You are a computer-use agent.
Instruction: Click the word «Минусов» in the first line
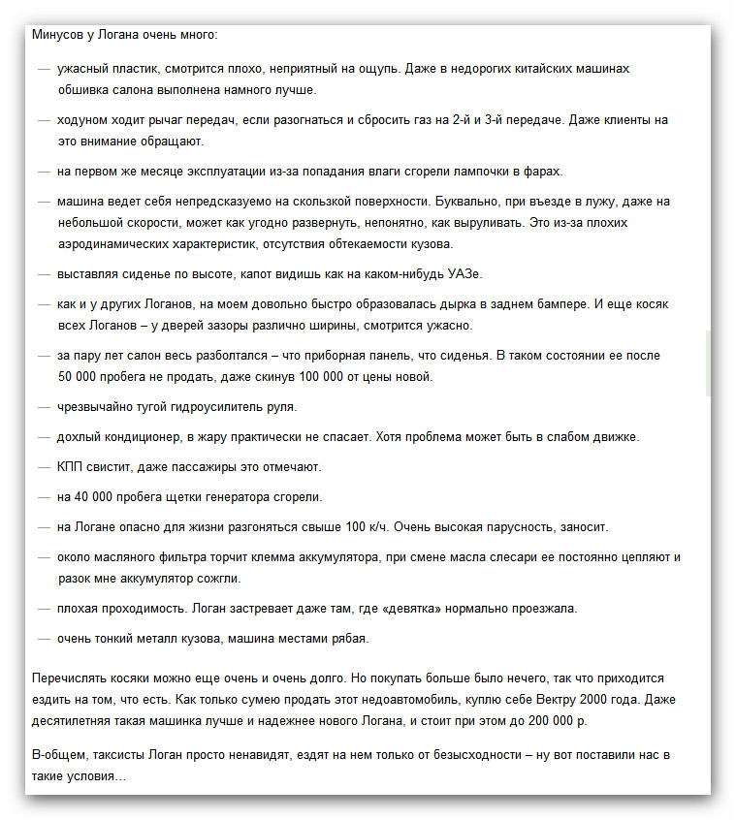54,34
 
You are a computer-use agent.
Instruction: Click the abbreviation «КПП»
70,467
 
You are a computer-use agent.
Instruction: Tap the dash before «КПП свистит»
44,467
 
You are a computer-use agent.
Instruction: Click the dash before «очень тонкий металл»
44,639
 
